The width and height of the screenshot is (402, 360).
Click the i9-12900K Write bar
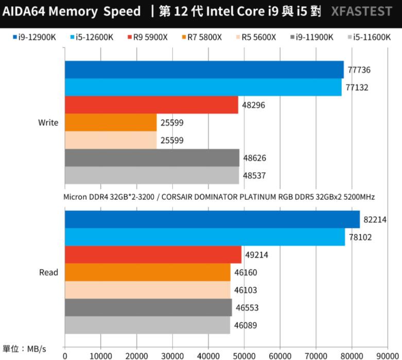click(x=204, y=70)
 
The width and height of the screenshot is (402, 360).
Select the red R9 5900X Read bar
click(x=153, y=254)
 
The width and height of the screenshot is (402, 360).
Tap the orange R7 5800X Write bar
click(x=111, y=123)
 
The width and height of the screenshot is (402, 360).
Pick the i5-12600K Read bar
click(x=205, y=237)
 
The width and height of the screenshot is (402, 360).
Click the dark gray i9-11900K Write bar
click(x=152, y=158)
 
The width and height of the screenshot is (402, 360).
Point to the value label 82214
click(x=375, y=219)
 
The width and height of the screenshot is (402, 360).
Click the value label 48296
click(x=254, y=105)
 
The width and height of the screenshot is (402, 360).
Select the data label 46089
click(x=245, y=325)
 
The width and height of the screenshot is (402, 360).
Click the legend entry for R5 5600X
click(x=256, y=37)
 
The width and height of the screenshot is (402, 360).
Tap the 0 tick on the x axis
click(x=65, y=355)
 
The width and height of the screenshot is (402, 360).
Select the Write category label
click(x=48, y=123)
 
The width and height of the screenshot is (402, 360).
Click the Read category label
click(x=48, y=272)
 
